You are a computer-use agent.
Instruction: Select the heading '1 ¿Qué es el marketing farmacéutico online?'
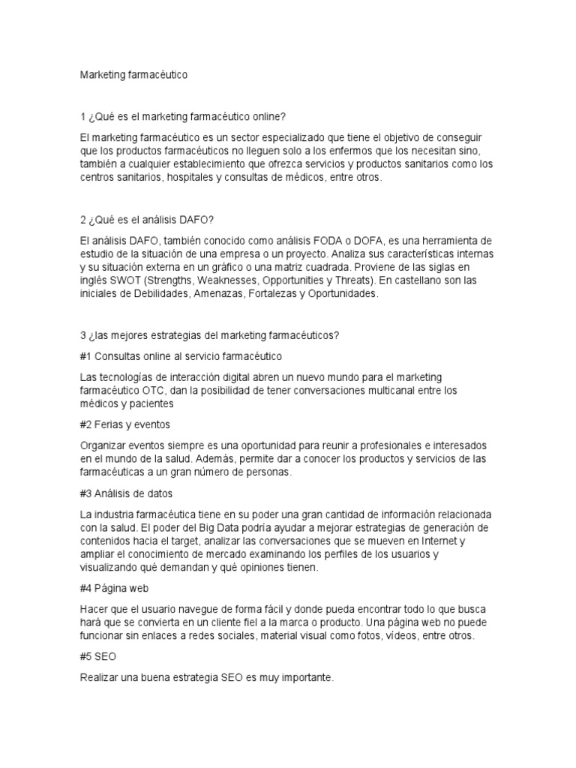tap(184, 117)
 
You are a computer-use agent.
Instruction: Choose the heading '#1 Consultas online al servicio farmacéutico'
tap(181, 355)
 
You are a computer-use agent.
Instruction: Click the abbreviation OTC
tap(154, 391)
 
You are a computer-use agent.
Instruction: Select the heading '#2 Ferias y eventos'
tap(125, 424)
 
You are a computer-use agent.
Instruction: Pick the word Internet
tap(435, 541)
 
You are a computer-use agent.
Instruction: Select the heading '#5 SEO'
tap(96, 657)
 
